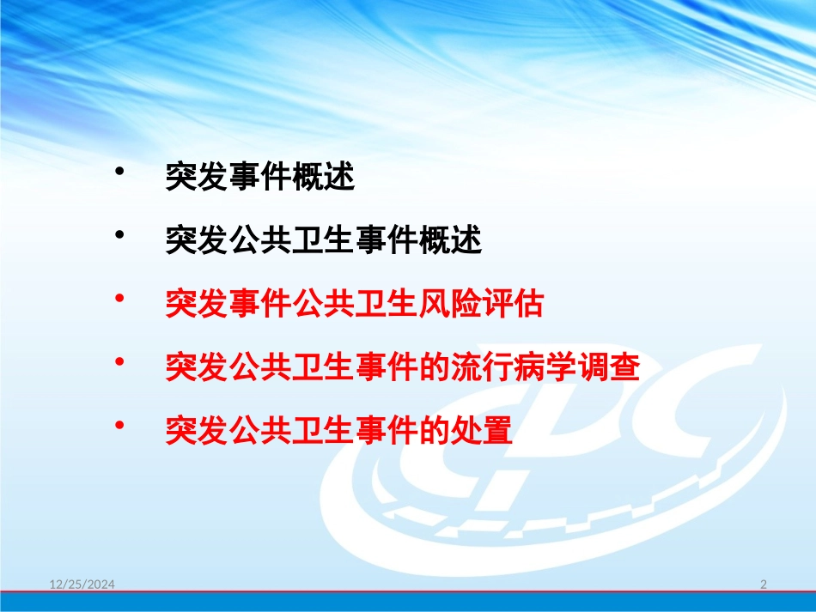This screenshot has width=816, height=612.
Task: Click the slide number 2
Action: [764, 585]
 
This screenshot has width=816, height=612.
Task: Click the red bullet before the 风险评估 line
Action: [119, 297]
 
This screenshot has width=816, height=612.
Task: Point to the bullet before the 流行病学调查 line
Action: [119, 360]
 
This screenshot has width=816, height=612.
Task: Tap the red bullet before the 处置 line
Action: [119, 424]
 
